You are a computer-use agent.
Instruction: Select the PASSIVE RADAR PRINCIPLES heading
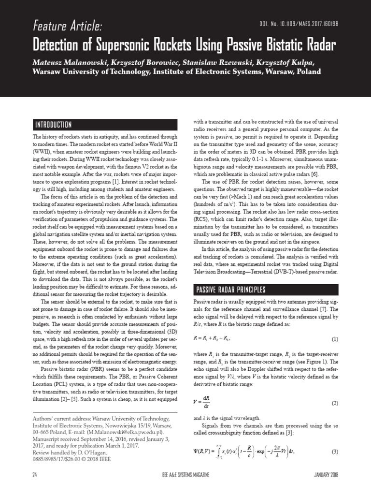click(x=231, y=290)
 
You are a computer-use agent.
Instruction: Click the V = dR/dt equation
click(x=203, y=402)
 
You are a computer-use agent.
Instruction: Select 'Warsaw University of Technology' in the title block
click(x=89, y=72)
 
